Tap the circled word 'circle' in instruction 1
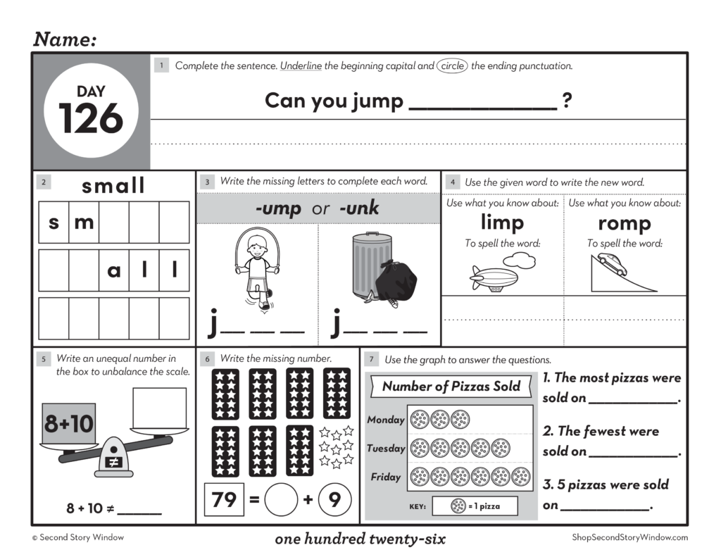[x=451, y=66]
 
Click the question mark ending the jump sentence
[x=567, y=101]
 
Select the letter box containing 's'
[x=54, y=223]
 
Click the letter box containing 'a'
[x=114, y=270]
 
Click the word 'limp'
[x=502, y=223]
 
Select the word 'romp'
[x=624, y=223]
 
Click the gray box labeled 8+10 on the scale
[x=69, y=423]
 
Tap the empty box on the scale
[x=159, y=408]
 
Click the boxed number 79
[x=224, y=500]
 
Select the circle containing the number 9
[x=334, y=500]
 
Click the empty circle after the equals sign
[x=281, y=501]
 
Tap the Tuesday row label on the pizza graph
[x=386, y=449]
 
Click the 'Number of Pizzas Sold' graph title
[x=451, y=386]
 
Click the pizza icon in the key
[x=458, y=506]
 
